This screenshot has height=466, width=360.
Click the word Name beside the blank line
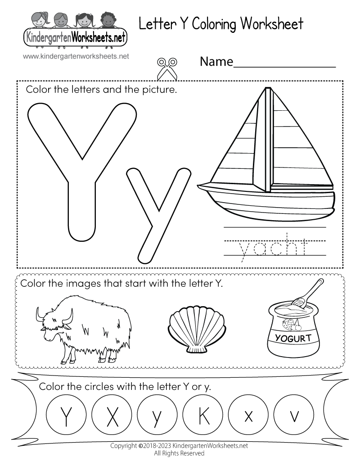click(x=216, y=62)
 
